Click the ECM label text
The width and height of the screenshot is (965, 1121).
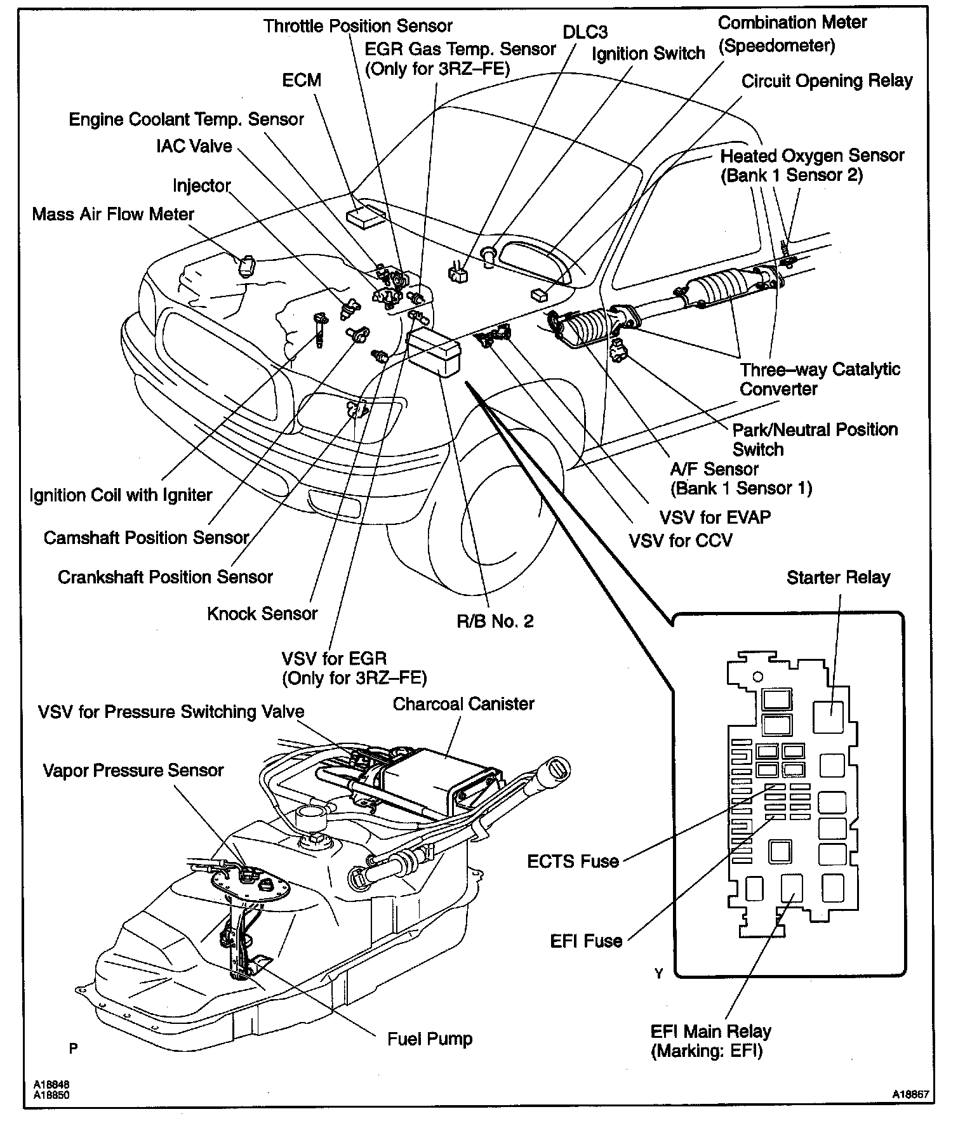302,81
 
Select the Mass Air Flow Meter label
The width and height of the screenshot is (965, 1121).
113,214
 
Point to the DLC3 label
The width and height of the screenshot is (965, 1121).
585,32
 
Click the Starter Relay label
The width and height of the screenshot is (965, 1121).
838,577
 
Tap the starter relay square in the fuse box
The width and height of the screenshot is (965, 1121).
830,717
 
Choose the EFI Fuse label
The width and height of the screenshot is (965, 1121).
586,941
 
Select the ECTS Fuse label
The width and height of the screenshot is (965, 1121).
573,861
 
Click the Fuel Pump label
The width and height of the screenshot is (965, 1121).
430,1039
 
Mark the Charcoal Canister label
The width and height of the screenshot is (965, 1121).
463,704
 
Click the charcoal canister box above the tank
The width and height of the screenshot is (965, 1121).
422,778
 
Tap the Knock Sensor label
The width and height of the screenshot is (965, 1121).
262,614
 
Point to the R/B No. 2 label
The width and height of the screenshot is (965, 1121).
495,621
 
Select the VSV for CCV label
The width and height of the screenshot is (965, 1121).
681,541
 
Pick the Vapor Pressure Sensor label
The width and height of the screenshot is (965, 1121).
133,771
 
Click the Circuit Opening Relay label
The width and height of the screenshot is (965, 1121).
827,81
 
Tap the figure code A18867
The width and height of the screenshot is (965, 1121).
912,1094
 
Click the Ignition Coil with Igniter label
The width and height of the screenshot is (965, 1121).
121,495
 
